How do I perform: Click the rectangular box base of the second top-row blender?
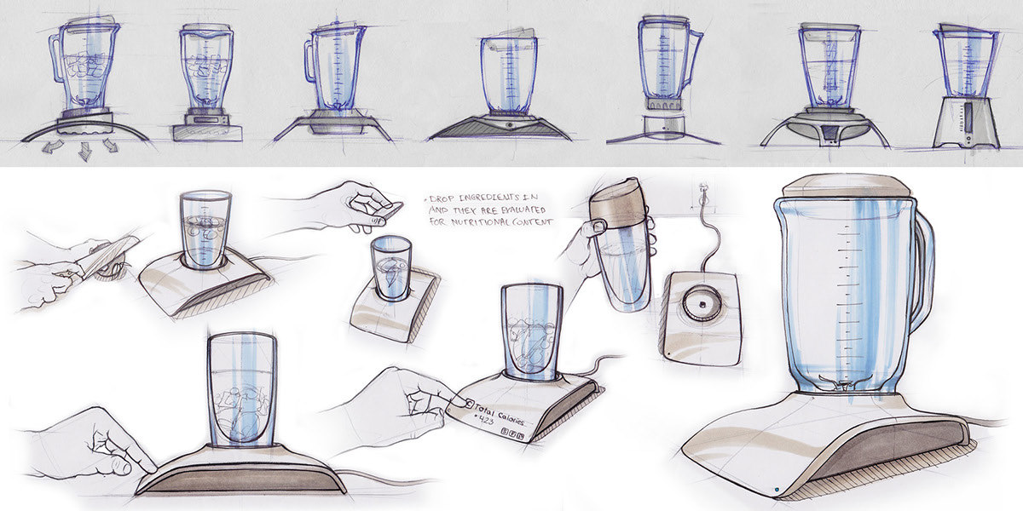point(207,132)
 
